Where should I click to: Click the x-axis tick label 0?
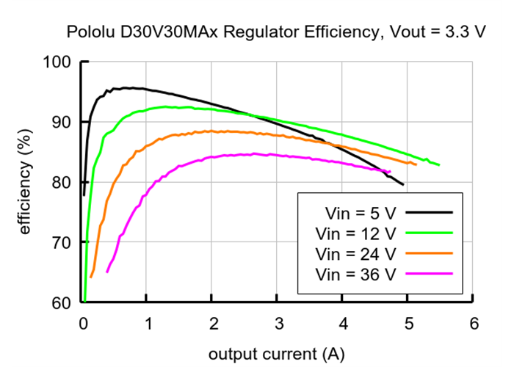click(82, 323)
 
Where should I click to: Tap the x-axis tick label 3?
click(278, 323)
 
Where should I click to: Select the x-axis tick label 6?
click(474, 323)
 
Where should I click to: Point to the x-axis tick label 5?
click(408, 323)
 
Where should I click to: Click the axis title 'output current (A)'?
click(275, 354)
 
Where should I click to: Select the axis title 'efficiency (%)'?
click(26, 182)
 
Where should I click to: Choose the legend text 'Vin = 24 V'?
click(355, 254)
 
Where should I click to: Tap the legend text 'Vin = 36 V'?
click(355, 275)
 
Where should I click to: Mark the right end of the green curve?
click(439, 165)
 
